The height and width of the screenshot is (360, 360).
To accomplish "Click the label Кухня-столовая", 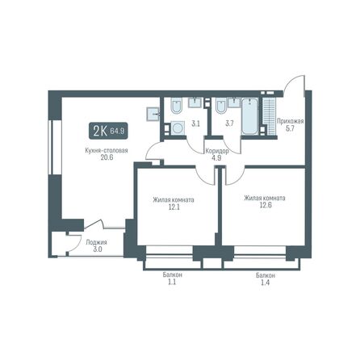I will click(106, 151).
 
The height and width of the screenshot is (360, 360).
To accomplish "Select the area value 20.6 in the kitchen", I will click(106, 159).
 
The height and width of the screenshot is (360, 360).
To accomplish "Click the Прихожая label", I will click(289, 122).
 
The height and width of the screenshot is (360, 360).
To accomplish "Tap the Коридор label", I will click(216, 151).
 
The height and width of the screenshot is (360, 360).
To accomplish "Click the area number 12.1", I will click(173, 206).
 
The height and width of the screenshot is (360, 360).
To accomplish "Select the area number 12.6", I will click(265, 204).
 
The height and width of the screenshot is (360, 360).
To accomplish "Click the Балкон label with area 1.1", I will click(172, 275).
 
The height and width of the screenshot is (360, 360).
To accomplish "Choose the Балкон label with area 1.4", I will click(266, 275).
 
